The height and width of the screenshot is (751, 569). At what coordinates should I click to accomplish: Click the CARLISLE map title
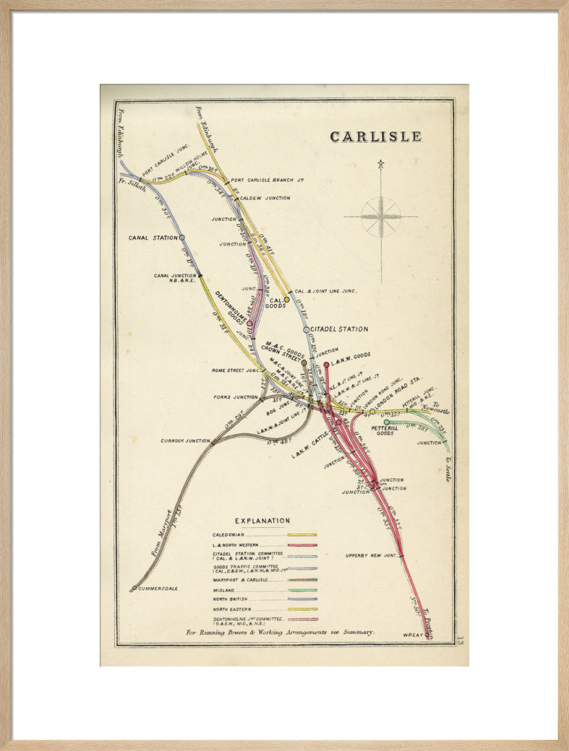[375, 137]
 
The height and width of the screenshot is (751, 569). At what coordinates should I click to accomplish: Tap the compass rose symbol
[381, 217]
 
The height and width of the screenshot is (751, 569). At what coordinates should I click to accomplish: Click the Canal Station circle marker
[182, 237]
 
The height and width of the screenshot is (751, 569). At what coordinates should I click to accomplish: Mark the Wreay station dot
[427, 635]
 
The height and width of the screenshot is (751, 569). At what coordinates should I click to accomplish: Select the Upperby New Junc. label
[370, 556]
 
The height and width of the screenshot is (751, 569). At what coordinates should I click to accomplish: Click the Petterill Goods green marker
[387, 422]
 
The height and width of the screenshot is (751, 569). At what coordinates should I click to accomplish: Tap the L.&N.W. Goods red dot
[326, 365]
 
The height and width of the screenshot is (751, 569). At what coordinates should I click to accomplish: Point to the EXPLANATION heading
[262, 520]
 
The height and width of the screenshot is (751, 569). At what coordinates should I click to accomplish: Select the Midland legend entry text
[223, 590]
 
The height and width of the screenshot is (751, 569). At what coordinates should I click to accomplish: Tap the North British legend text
[230, 599]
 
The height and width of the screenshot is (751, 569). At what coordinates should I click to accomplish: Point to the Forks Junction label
[234, 397]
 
